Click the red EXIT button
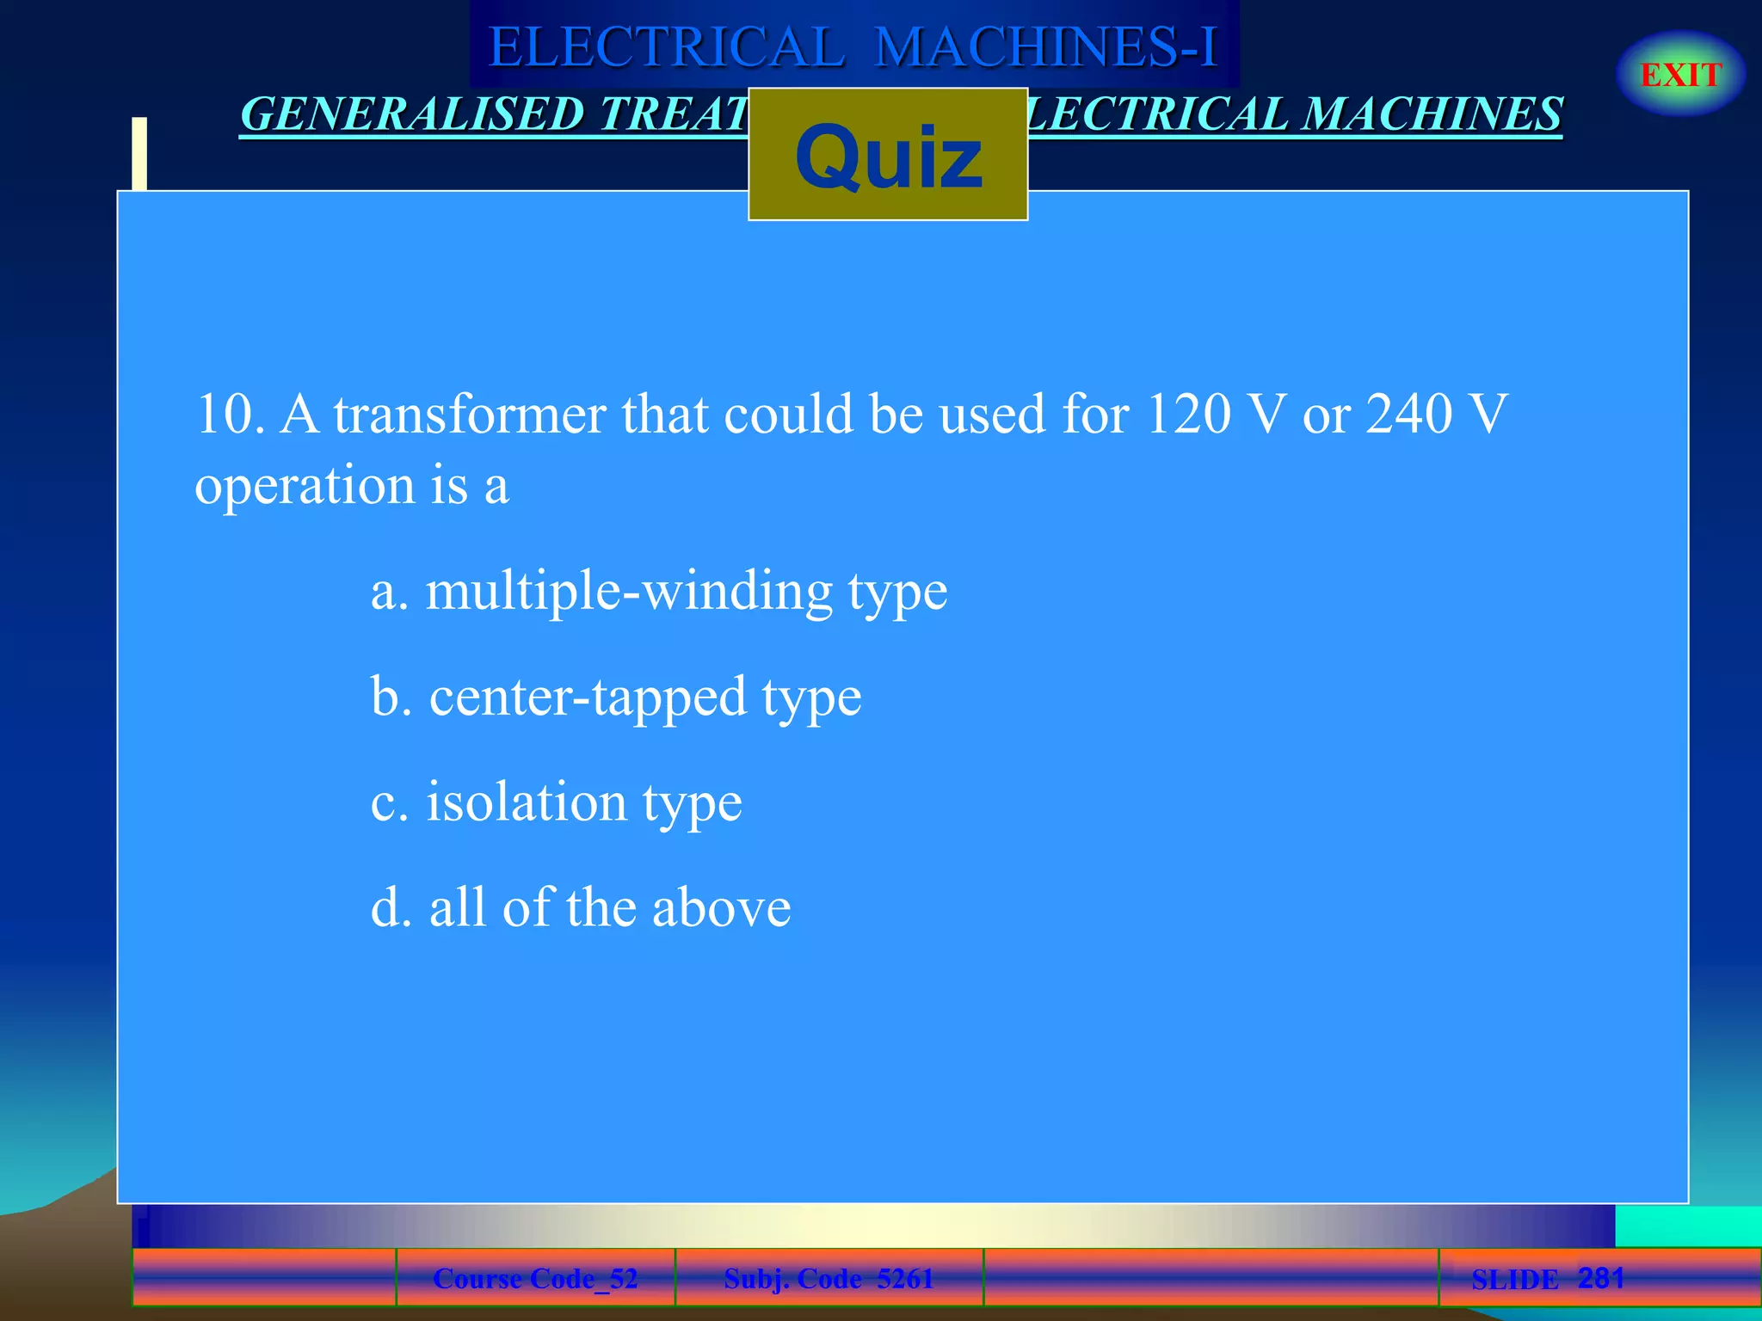tap(1680, 75)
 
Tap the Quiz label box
tap(888, 155)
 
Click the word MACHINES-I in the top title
tap(1046, 46)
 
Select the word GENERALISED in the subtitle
tap(413, 114)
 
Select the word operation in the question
tap(305, 486)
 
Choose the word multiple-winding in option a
tap(629, 592)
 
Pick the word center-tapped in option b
tap(588, 697)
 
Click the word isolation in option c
tap(527, 802)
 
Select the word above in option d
tap(721, 908)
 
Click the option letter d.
tap(386, 908)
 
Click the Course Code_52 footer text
tap(535, 1279)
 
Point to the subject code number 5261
tap(905, 1279)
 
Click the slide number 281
tap(1601, 1278)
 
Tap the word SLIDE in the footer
tap(1514, 1280)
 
